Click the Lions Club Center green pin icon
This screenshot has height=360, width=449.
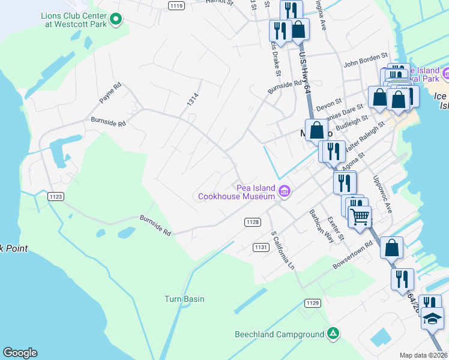117,20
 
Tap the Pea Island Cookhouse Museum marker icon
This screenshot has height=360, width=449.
285,193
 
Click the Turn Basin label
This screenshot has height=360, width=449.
185,299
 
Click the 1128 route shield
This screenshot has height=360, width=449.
253,222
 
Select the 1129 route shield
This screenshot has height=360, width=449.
312,304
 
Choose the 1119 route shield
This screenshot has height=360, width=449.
176,6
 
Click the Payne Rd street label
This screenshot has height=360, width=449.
110,95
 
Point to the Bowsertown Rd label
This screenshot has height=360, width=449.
353,256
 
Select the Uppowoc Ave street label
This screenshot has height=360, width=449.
382,194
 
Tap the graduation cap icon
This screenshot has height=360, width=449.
432,318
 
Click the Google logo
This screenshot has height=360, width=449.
20,353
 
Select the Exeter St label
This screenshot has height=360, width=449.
335,228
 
